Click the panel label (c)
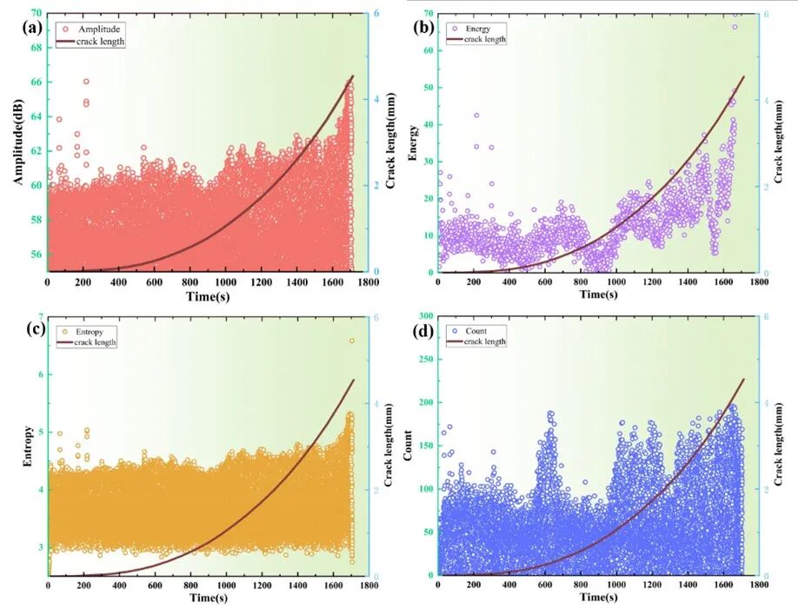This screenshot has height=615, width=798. pos(34,332)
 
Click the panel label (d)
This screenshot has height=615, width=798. pos(423,332)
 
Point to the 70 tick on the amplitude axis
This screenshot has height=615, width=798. pos(37,14)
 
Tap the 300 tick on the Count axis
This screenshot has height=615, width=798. pos(423,316)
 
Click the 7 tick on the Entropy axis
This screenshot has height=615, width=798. pos(39,316)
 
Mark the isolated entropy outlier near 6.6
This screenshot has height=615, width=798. pos(352,341)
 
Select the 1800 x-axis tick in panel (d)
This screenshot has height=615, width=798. pos(759,586)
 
